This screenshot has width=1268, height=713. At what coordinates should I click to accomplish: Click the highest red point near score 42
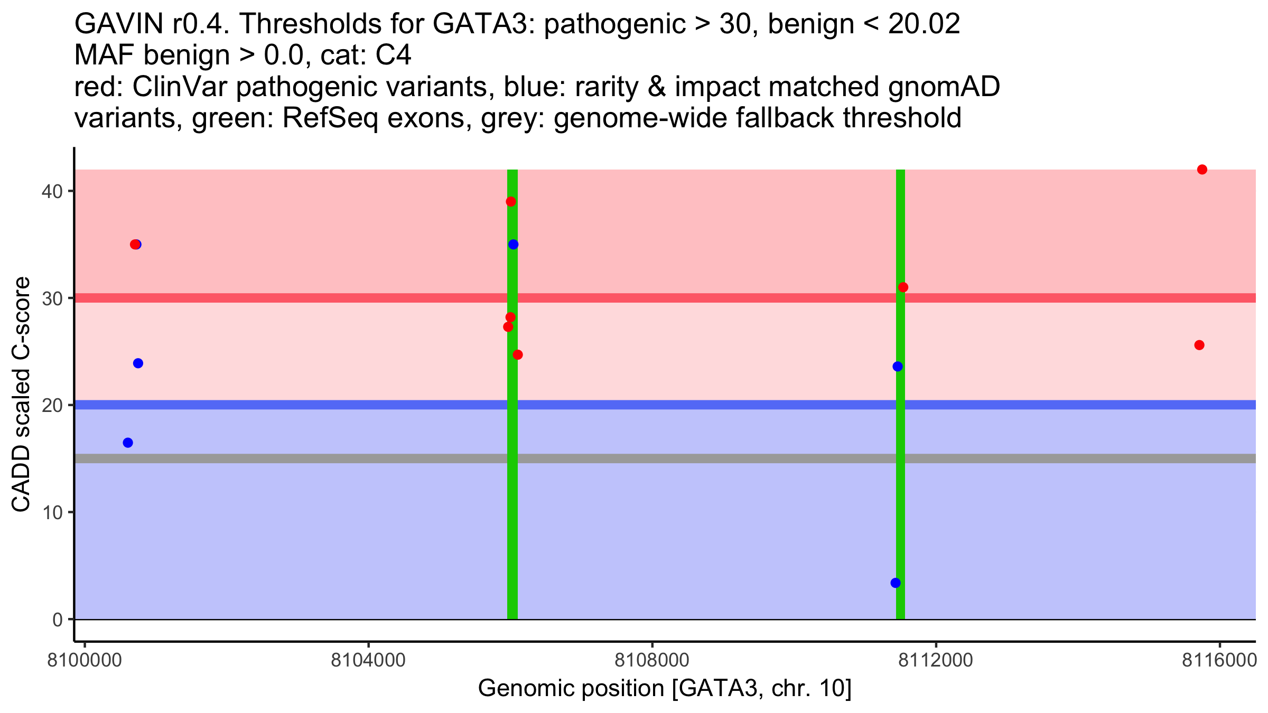tap(1202, 170)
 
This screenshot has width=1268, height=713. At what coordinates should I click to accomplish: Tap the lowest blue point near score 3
tap(896, 583)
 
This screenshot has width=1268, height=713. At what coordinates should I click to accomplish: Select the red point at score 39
tap(511, 202)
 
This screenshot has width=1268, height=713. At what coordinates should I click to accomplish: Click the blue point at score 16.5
tap(128, 443)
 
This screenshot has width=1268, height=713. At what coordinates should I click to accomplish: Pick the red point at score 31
tap(903, 287)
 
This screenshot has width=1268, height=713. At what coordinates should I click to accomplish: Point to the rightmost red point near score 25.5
tap(1199, 345)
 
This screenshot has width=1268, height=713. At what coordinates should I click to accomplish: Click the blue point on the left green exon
tap(514, 245)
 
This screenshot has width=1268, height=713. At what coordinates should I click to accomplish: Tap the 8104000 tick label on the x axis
tap(368, 661)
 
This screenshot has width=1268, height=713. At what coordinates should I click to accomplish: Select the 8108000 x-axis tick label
tap(652, 661)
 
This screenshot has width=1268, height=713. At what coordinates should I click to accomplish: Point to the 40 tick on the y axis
tap(51, 191)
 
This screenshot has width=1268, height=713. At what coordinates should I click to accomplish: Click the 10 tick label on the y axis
tap(51, 512)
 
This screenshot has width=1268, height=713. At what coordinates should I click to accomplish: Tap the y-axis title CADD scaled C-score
tap(21, 395)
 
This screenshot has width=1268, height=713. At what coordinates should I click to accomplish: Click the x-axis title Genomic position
tap(665, 688)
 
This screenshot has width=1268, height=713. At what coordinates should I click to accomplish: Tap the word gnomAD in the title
tap(944, 87)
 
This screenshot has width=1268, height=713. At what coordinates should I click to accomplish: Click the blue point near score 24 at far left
tap(138, 363)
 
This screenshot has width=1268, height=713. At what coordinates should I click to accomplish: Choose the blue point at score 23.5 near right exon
tap(898, 367)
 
